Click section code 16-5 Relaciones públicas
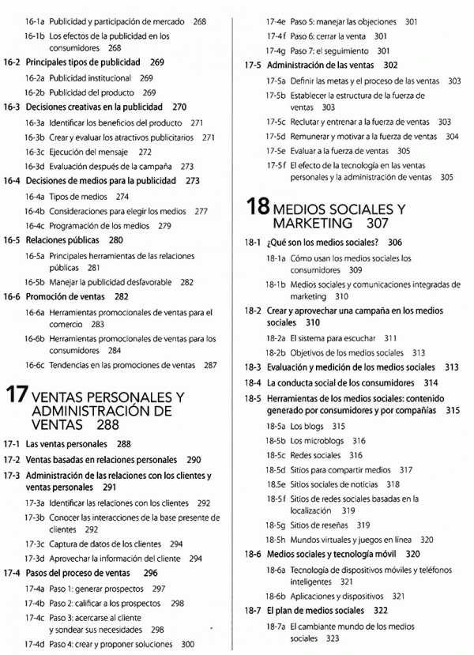[12, 240]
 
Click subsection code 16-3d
[34, 167]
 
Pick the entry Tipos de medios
[78, 196]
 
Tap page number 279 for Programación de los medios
[164, 225]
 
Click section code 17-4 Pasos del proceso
[12, 574]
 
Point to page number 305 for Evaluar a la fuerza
[404, 150]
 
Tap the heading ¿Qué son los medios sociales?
[323, 243]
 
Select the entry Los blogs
[307, 426]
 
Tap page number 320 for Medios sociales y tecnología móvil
[412, 554]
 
